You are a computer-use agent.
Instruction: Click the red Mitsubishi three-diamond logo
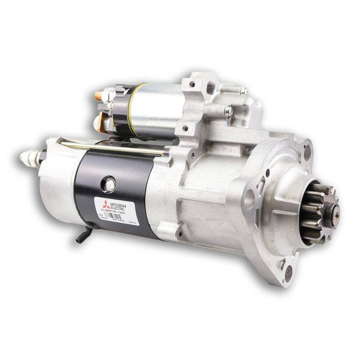tap(105, 204)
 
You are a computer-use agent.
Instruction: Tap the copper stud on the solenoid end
tap(99, 97)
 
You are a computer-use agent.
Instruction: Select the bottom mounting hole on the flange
tap(290, 270)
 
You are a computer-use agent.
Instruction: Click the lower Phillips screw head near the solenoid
tap(229, 112)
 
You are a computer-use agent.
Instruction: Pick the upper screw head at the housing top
tap(243, 91)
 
